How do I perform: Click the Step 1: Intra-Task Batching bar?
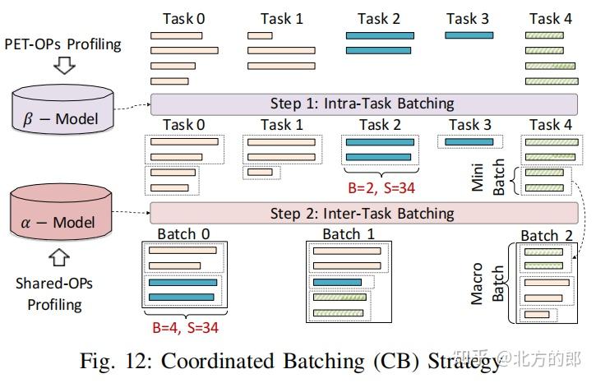click(362, 104)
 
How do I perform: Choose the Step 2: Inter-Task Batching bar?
click(362, 213)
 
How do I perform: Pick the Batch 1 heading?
click(348, 233)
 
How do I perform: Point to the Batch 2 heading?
click(546, 235)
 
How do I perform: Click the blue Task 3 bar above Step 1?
click(469, 35)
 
